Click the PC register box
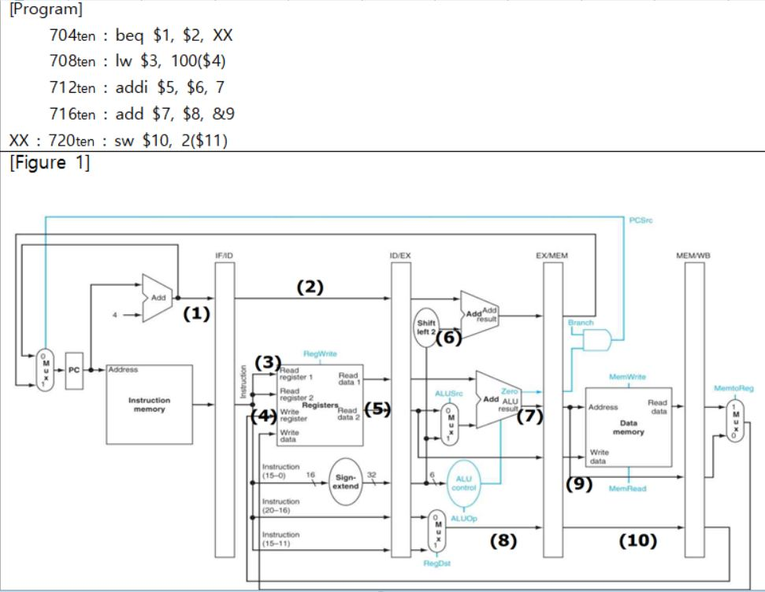coord(76,369)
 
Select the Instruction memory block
coord(149,404)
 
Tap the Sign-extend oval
coord(347,482)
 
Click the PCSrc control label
coord(641,221)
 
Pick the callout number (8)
coord(503,541)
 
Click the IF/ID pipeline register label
coord(225,256)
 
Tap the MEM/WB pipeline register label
coord(693,256)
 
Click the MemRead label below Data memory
coord(628,489)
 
